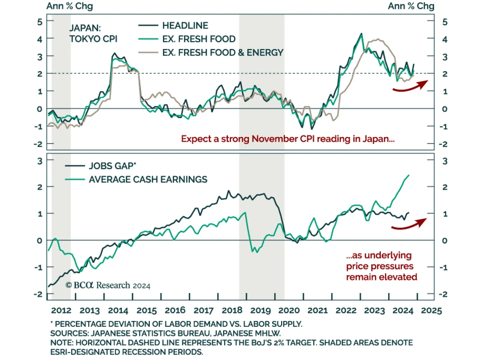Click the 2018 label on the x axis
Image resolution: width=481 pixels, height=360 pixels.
pos(232,310)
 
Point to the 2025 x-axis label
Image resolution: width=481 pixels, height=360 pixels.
pos(431,310)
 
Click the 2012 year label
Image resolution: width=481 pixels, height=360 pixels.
pos(61,310)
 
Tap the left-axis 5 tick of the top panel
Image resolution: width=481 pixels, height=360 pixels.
pos(40,22)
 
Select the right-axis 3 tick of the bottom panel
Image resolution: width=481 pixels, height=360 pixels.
pos(445,161)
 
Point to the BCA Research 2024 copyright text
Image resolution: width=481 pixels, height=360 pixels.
pos(108,285)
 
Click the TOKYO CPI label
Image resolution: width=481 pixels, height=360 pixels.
pos(93,39)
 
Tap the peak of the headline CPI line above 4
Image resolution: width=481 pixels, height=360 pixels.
pos(361,34)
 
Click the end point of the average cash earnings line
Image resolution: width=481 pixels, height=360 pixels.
pos(409,175)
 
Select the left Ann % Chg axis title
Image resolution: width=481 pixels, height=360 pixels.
pos(70,6)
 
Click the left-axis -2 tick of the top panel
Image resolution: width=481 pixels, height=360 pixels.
pos(38,144)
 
